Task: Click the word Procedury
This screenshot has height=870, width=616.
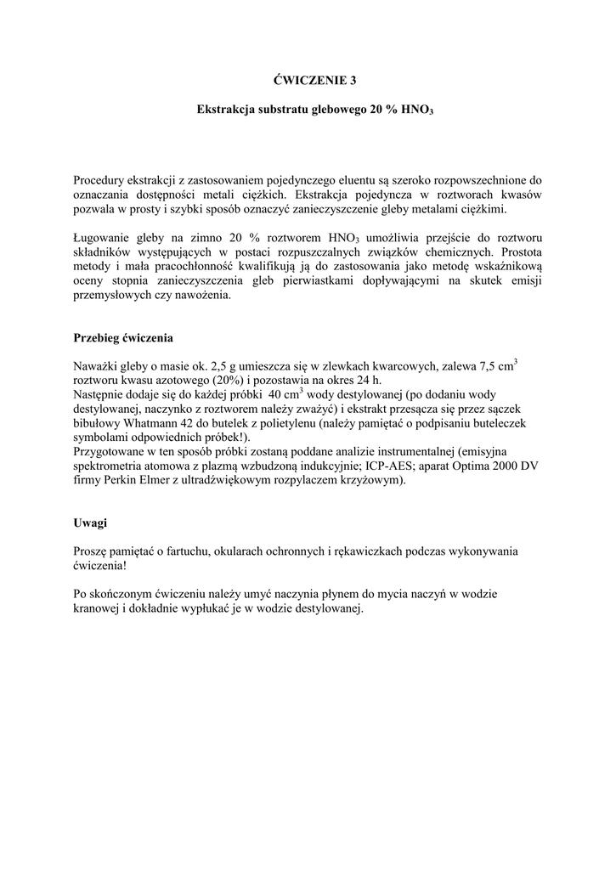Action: (x=99, y=180)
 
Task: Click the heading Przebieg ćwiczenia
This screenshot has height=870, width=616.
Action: (x=123, y=337)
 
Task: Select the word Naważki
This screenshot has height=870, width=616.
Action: (x=98, y=367)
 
